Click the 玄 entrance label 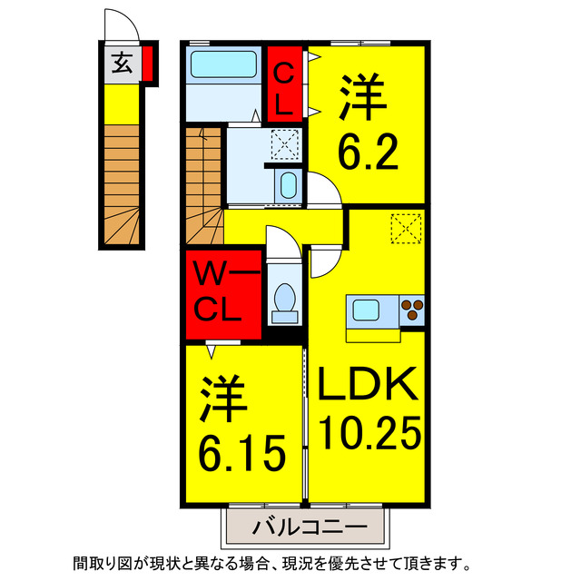coord(121,63)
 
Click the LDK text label coord(367,387)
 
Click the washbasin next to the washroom coord(288,187)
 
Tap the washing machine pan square coord(285,143)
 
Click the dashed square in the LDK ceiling coord(406,229)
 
